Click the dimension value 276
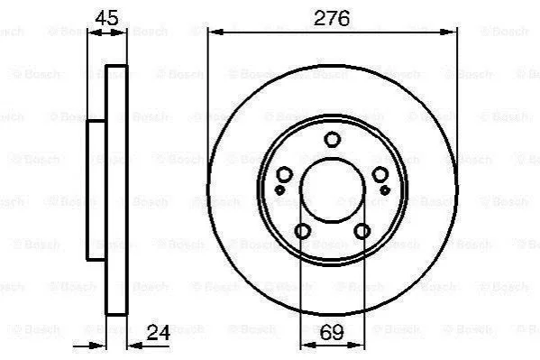[x=331, y=18]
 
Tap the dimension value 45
[x=106, y=18]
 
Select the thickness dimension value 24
[x=159, y=333]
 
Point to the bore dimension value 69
[x=332, y=332]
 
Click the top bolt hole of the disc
[x=333, y=139]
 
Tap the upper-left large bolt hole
[x=285, y=174]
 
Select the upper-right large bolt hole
[x=380, y=174]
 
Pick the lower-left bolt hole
[x=303, y=231]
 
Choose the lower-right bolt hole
[x=362, y=231]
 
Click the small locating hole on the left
[x=279, y=189]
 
